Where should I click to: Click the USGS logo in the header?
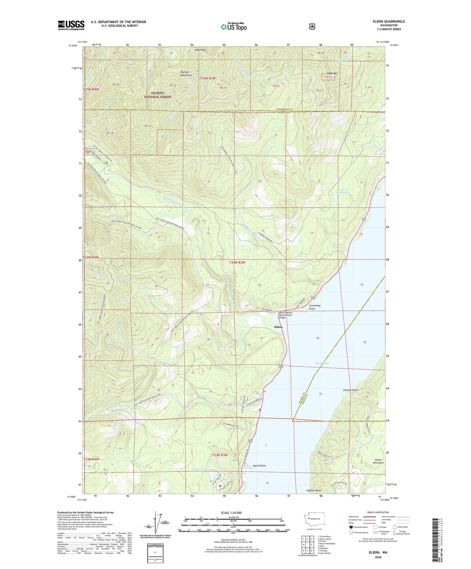click(71, 25)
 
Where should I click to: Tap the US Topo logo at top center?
click(233, 27)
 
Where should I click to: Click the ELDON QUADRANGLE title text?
click(389, 22)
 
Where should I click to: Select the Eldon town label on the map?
click(278, 327)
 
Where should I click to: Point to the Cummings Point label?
click(315, 307)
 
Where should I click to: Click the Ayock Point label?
click(259, 466)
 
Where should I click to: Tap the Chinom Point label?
click(350, 390)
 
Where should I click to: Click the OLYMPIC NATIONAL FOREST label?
click(158, 95)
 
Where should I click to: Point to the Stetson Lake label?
click(200, 469)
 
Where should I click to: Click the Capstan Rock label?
click(313, 490)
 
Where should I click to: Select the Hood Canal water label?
click(322, 363)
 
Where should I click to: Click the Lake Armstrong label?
click(344, 191)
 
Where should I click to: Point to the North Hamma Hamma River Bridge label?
click(285, 314)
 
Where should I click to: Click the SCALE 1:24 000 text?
click(231, 513)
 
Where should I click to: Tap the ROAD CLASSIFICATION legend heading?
click(378, 512)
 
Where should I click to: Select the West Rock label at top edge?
click(200, 50)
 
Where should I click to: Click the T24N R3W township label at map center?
click(237, 262)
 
